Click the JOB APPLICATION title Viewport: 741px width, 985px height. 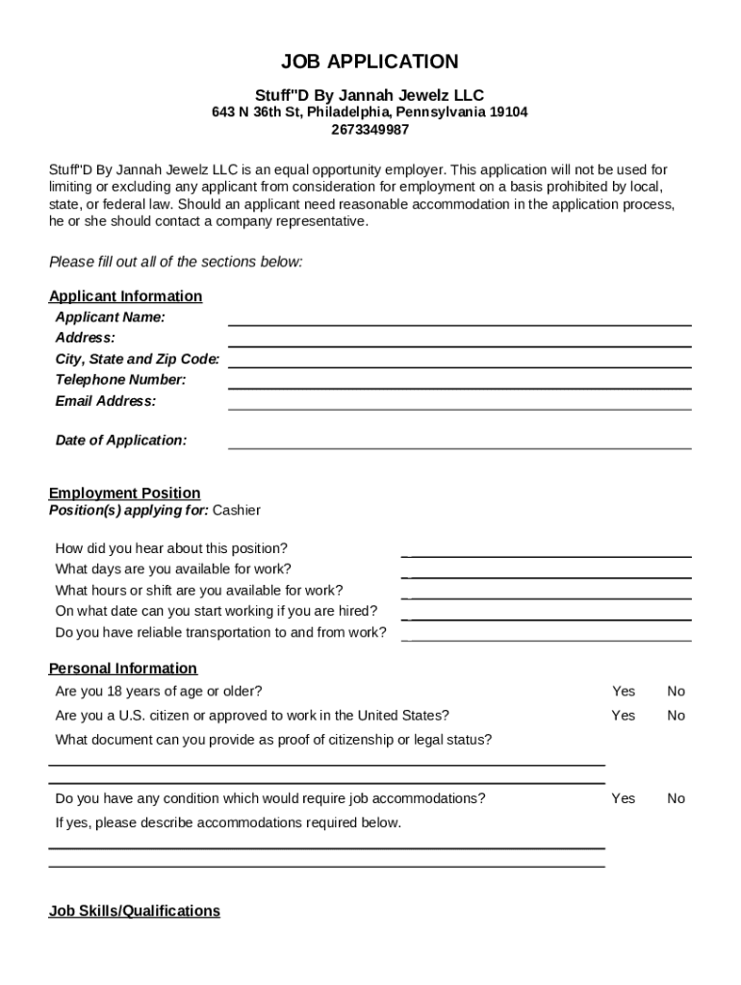point(370,63)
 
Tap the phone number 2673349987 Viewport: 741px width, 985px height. point(370,130)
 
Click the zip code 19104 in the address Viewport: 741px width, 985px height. point(507,113)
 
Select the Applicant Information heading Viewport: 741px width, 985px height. point(125,296)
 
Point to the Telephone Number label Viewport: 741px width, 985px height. point(120,380)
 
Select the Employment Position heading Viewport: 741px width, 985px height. point(124,493)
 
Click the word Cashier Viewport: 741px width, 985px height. point(236,510)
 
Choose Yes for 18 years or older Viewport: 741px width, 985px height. point(624,692)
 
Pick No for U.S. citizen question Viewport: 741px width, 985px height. point(677,716)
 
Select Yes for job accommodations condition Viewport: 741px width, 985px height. point(624,798)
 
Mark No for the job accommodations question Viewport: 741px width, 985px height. point(677,798)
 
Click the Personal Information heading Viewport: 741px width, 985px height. point(122,669)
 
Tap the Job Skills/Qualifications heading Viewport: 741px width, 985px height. point(134,911)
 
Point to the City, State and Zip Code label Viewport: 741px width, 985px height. point(137,359)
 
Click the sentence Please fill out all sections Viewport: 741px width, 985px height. point(175,262)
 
